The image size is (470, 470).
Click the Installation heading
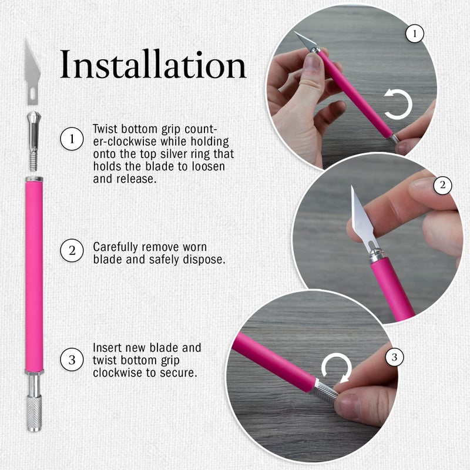[x=153, y=64]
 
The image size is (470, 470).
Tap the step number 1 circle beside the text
[x=72, y=139]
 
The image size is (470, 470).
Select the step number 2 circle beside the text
[x=72, y=250]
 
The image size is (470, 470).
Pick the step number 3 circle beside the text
[x=72, y=360]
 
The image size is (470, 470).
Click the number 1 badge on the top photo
[x=415, y=33]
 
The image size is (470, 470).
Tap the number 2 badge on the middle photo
[x=443, y=185]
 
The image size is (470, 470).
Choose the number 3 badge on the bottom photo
[x=394, y=357]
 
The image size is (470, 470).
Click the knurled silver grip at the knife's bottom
[x=34, y=414]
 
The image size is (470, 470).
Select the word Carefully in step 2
[x=115, y=247]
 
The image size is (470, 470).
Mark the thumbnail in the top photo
[x=313, y=62]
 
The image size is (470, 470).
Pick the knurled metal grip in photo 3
[x=326, y=391]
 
